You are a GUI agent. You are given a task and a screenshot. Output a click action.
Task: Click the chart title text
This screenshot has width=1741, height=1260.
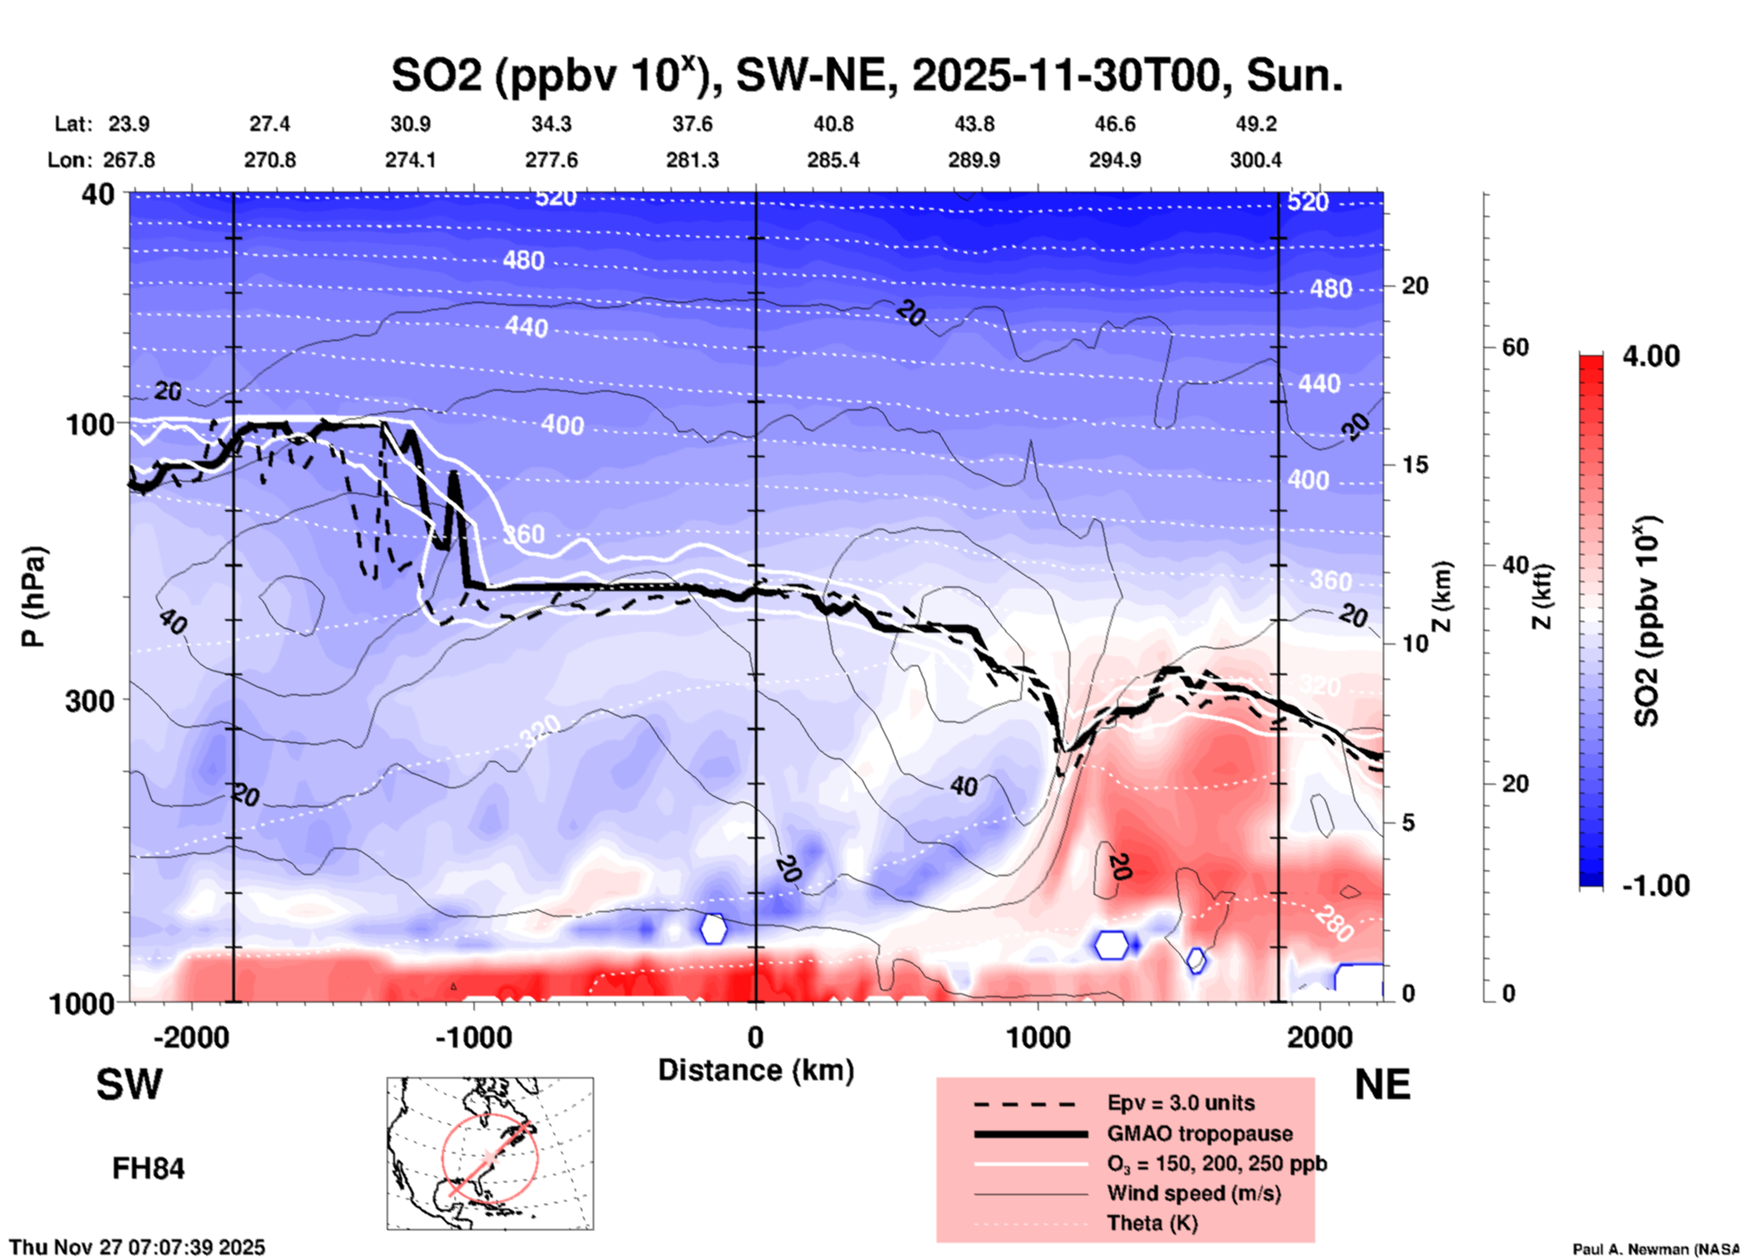[866, 75]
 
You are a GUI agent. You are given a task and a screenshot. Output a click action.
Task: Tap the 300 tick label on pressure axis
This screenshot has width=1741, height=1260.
[90, 701]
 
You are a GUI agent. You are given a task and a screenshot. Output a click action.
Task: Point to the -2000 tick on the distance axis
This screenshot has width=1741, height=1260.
[191, 1037]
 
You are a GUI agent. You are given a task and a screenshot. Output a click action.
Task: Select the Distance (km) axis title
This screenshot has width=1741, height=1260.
[756, 1070]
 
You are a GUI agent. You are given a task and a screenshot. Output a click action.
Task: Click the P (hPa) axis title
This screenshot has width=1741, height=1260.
[33, 597]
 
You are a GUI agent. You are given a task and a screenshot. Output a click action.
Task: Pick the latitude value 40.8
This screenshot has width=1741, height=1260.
[833, 124]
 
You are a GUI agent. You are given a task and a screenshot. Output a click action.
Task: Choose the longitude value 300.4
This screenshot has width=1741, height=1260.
[1256, 160]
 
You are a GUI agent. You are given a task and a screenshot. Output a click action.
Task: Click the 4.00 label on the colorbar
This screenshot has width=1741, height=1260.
[1651, 356]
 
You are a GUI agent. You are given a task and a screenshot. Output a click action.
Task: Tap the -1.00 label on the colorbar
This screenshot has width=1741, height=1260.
[1655, 886]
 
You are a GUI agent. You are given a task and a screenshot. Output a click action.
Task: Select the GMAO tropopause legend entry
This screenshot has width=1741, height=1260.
[1200, 1133]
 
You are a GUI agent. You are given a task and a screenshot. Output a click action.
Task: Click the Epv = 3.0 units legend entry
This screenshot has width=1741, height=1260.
[1181, 1103]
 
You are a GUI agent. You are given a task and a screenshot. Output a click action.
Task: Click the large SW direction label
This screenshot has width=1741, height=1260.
[129, 1085]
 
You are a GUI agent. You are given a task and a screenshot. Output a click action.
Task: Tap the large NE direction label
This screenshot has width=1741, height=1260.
[1382, 1085]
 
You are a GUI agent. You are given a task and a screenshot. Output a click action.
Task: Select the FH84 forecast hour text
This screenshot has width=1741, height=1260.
[148, 1169]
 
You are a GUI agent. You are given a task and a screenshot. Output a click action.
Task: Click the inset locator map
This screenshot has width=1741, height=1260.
[490, 1152]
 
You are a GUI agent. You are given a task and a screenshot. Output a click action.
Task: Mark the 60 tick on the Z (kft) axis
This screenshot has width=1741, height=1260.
[1515, 347]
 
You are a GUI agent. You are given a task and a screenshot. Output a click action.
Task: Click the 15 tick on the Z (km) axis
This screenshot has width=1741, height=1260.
[1415, 465]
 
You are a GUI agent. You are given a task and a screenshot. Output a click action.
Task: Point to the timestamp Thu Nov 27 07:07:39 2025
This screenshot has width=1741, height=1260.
[137, 1247]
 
